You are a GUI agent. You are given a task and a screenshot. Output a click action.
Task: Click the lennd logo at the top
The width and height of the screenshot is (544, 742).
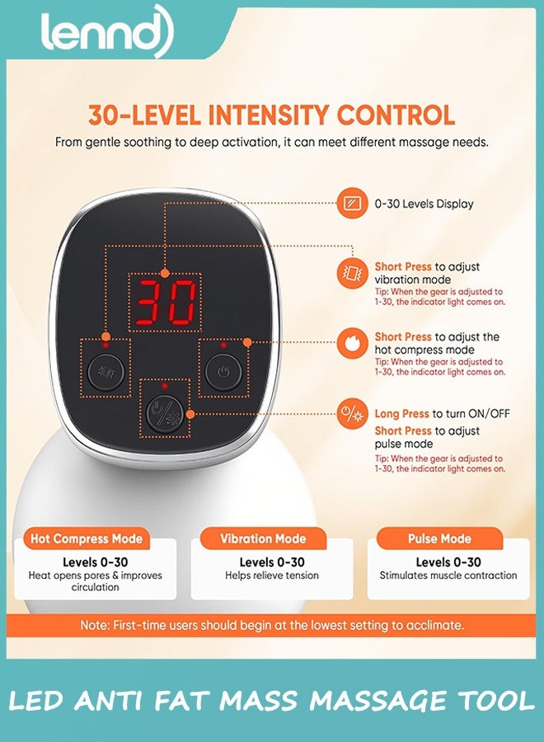(x=107, y=31)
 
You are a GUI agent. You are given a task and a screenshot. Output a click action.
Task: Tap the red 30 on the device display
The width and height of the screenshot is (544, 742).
(x=165, y=303)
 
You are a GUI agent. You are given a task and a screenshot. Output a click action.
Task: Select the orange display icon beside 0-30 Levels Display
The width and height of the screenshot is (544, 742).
(x=352, y=204)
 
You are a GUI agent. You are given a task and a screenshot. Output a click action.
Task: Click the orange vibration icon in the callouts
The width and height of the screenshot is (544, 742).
(x=352, y=273)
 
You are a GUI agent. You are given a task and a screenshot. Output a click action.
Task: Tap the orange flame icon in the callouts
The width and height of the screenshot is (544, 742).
(x=352, y=343)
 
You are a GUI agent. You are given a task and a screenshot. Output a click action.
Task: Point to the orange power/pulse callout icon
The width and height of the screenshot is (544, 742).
(x=352, y=414)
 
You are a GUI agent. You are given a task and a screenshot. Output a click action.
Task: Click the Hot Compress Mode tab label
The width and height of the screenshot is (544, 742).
(x=87, y=538)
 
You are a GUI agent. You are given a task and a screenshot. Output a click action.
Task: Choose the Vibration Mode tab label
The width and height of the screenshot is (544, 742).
(x=263, y=538)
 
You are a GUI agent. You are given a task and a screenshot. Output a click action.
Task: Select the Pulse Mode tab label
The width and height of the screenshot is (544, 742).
(x=439, y=538)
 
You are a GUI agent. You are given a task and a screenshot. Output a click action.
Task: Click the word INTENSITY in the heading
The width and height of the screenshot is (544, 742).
(x=268, y=115)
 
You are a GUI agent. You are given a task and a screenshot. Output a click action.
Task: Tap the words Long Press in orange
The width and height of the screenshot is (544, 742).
(x=401, y=414)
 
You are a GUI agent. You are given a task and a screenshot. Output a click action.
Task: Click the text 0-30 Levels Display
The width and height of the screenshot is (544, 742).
(x=424, y=204)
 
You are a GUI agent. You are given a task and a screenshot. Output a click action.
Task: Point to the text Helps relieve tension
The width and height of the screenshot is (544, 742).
(x=272, y=575)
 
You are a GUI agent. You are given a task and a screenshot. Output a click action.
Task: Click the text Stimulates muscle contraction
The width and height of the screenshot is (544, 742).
(x=448, y=575)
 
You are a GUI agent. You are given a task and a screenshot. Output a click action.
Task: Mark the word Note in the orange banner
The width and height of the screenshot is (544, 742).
(x=94, y=625)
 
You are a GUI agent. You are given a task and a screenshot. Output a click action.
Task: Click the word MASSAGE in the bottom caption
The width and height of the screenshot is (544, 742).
(x=376, y=701)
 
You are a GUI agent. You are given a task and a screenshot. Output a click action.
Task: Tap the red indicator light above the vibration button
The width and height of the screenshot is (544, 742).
(x=106, y=345)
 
